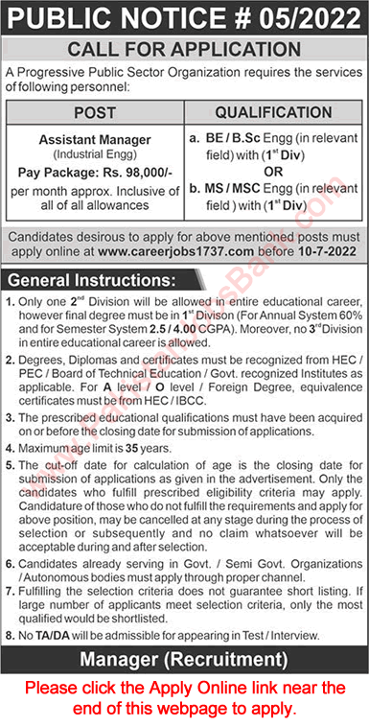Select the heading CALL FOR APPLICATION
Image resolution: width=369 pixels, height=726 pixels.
184,51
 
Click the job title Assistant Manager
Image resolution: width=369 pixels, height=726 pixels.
96,139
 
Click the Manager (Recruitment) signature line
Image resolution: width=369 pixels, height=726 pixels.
184,659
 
